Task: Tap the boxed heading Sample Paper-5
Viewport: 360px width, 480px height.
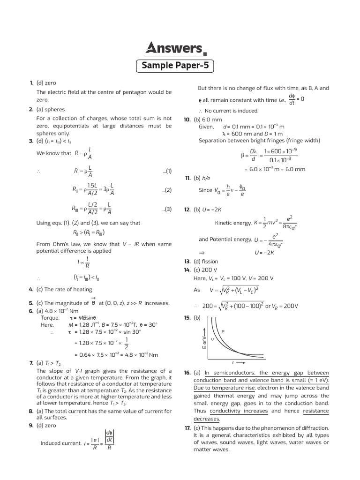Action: point(175,66)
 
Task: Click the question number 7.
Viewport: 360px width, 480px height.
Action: point(30,363)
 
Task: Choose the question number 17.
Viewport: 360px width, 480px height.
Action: point(187,428)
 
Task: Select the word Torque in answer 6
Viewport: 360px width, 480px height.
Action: point(50,317)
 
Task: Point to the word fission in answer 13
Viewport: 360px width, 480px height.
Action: point(210,261)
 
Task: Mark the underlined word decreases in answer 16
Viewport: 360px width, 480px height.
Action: point(207,419)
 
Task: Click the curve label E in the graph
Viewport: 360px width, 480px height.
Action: point(223,331)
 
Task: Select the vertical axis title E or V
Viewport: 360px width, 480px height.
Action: point(204,342)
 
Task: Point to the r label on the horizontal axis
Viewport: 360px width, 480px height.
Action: point(233,363)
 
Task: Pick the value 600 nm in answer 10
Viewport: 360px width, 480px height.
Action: point(237,134)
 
